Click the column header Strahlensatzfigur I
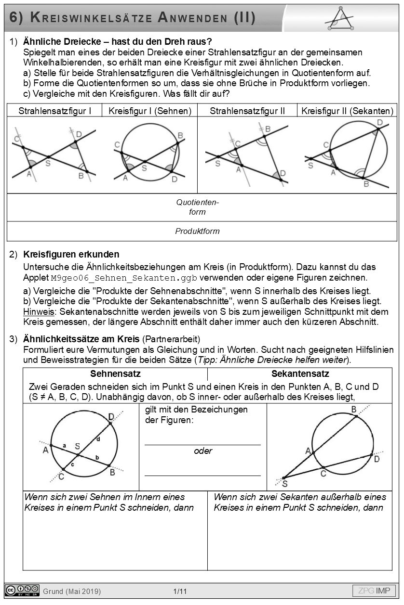[54, 111]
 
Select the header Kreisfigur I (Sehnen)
[150, 111]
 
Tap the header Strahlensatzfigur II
[247, 111]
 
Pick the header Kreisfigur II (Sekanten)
[347, 111]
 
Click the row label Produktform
[197, 231]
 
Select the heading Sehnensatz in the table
[115, 374]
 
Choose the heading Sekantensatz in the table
[300, 374]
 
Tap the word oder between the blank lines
[203, 451]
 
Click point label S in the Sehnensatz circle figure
[77, 446]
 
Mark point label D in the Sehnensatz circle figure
[111, 416]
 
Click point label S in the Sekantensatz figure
[284, 484]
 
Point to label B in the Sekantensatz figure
[353, 410]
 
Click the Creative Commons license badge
[22, 591]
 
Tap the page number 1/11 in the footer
[180, 591]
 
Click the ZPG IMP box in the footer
[374, 591]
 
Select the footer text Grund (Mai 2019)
[72, 591]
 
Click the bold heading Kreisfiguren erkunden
[71, 254]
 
